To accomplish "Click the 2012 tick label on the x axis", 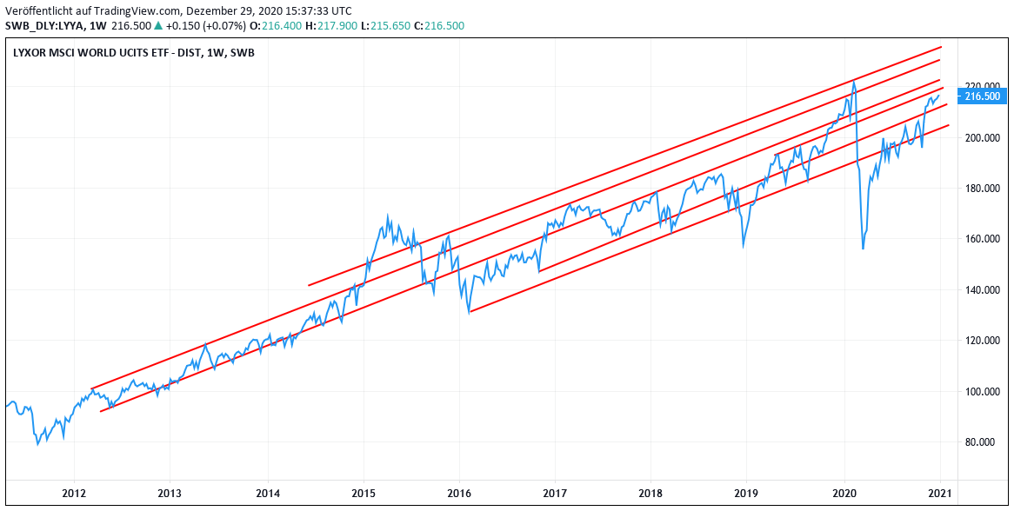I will click(74, 493).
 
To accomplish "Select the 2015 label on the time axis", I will click(364, 493).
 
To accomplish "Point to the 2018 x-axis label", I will click(650, 493).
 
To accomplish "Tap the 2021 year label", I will click(940, 493).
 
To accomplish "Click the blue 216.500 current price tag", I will click(983, 96).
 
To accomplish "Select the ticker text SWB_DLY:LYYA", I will click(43, 25).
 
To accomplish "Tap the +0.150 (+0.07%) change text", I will click(203, 25).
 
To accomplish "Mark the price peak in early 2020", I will click(854, 83).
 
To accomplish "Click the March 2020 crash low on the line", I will click(863, 249).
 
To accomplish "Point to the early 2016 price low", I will click(469, 311).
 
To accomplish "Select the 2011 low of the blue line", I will click(37, 445).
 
